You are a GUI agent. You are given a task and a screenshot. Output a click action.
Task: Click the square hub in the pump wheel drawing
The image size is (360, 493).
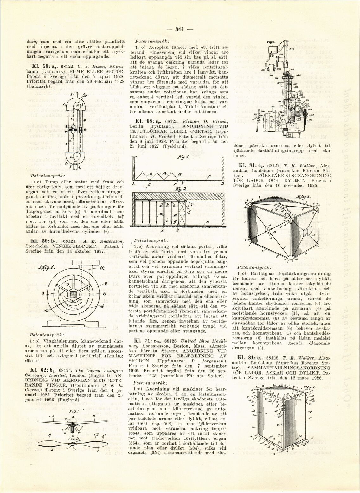click(x=74, y=294)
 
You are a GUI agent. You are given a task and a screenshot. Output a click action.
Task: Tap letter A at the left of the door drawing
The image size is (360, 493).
click(x=133, y=184)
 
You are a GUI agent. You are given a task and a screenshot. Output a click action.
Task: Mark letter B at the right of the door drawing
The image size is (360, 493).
click(x=223, y=184)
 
